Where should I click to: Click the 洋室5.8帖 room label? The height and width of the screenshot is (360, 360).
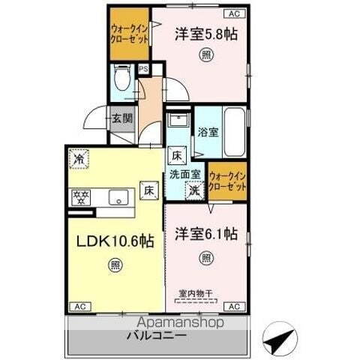tap(201, 34)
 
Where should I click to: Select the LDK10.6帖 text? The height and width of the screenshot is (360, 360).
tap(113, 241)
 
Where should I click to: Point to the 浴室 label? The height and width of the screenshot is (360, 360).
tap(208, 132)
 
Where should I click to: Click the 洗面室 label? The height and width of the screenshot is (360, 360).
tap(184, 174)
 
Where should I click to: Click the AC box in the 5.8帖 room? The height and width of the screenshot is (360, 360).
tap(232, 13)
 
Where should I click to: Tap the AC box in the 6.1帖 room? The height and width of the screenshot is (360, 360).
tap(233, 307)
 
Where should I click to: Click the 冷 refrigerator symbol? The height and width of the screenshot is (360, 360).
tap(79, 159)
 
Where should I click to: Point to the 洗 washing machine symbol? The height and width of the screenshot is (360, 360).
tap(193, 190)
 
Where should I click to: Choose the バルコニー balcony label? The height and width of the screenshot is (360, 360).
tap(157, 335)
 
